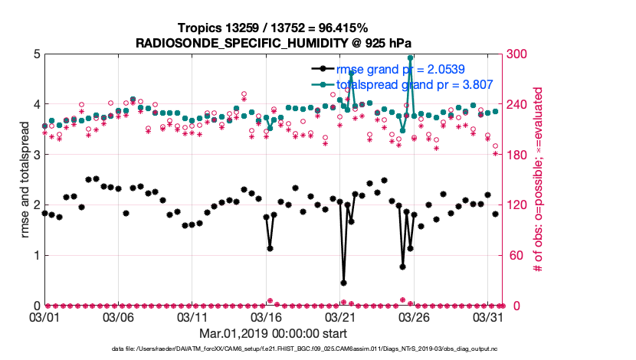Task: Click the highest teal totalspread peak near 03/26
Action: [411, 57]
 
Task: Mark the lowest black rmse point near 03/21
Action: [343, 283]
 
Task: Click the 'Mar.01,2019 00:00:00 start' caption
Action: [273, 333]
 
